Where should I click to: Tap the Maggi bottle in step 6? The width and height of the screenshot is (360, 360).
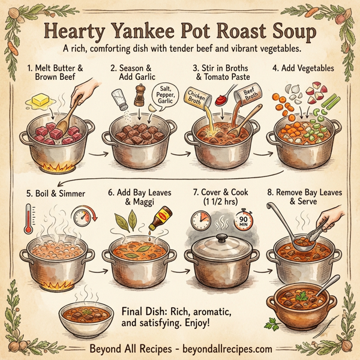tap(158, 219)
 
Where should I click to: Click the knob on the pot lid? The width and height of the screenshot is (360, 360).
tap(221, 239)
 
